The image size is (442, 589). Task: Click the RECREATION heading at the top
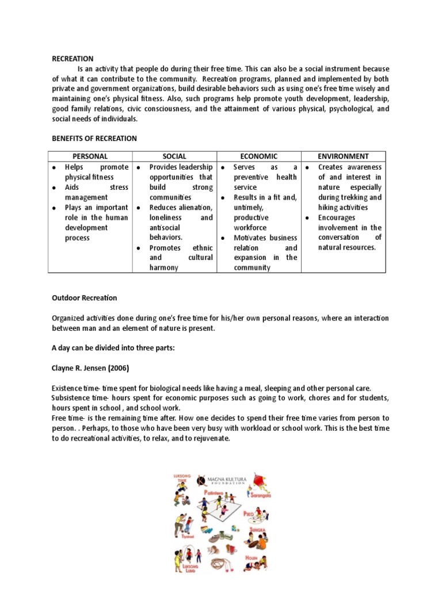pyautogui.click(x=73, y=59)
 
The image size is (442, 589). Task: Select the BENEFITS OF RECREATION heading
pyautogui.click(x=94, y=139)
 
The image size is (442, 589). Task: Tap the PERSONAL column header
pyautogui.click(x=90, y=156)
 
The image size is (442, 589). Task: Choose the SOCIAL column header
pyautogui.click(x=174, y=156)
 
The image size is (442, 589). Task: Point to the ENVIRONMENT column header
pyautogui.click(x=344, y=156)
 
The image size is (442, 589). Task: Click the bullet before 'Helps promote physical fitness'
pyautogui.click(x=54, y=167)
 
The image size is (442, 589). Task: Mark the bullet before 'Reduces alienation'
pyautogui.click(x=138, y=208)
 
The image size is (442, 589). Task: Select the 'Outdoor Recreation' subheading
pyautogui.click(x=84, y=298)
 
